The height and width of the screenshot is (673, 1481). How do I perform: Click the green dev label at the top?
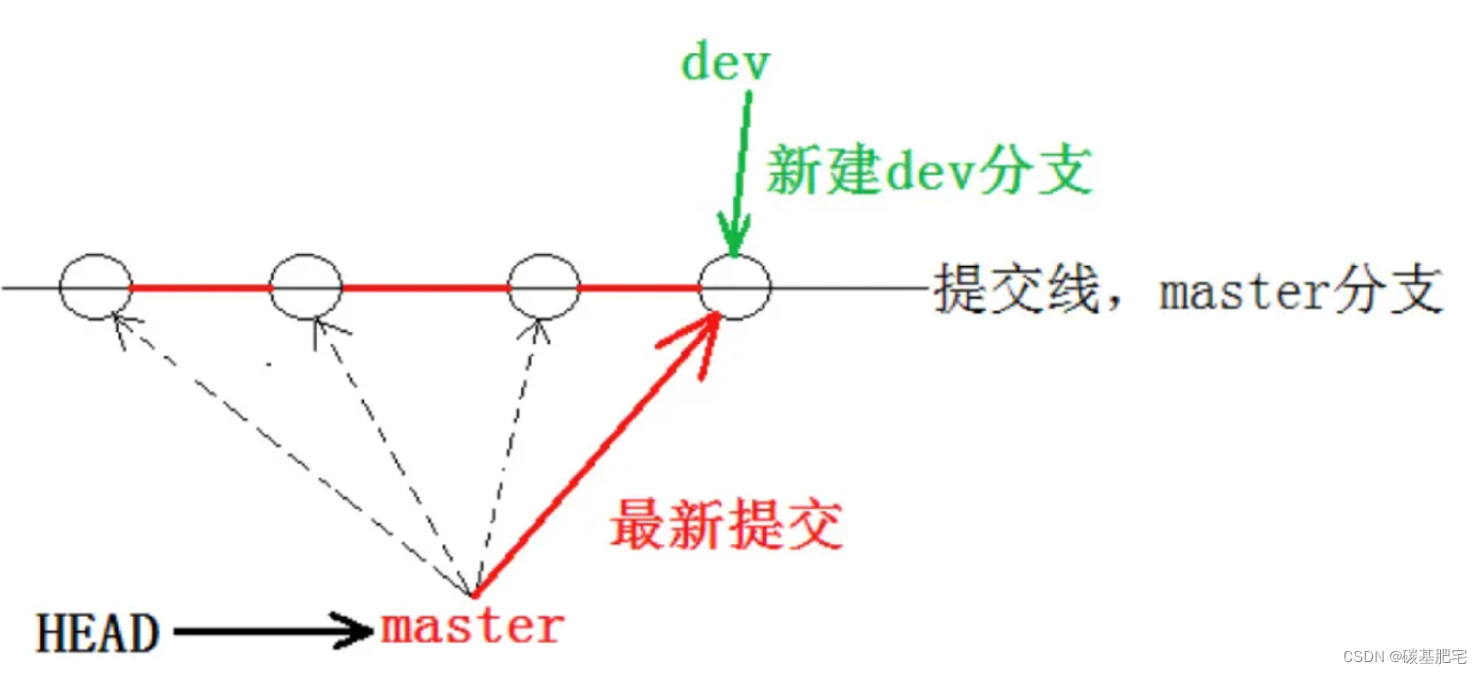pos(725,63)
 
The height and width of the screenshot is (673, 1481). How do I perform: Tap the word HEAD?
pos(98,633)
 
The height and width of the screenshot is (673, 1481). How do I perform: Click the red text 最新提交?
pos(726,525)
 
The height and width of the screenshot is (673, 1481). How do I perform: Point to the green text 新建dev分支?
pos(929,171)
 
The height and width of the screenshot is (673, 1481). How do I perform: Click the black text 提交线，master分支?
pos(1187,290)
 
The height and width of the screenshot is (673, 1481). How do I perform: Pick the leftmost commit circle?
pos(96,288)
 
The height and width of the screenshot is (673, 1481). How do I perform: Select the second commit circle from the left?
pos(307,288)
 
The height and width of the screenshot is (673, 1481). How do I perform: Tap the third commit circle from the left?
pos(544,288)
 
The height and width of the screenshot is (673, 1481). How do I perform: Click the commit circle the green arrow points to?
pos(735,288)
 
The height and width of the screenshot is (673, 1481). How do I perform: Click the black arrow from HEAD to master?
pos(272,630)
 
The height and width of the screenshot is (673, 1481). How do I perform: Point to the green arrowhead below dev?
pos(733,238)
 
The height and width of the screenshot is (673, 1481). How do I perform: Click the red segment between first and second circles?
pos(201,288)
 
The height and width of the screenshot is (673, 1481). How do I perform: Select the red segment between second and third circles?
pos(425,288)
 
